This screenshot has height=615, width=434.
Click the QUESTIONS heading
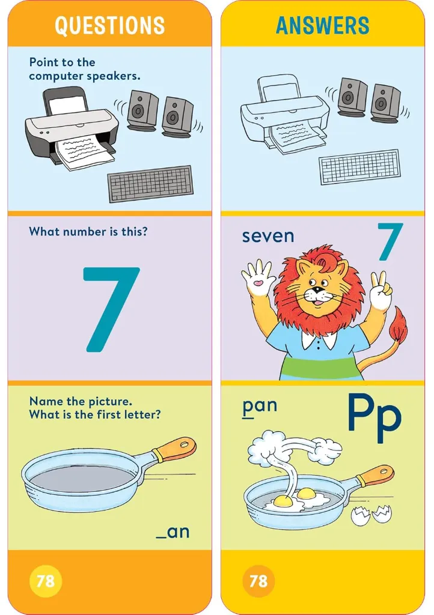pos(109,25)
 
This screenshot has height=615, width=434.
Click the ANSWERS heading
pos(323,25)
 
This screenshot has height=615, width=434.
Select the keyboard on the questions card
pos(150,184)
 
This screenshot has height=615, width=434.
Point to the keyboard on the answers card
pos(359,166)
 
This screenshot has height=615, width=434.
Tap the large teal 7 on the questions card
pos(111,309)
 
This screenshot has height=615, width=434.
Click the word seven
pos(268,236)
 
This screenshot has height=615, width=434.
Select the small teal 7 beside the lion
pos(390,241)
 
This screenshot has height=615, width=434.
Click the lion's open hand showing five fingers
pos(258,277)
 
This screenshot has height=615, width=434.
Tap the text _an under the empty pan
pos(173,532)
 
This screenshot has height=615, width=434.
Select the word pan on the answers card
pos(260,406)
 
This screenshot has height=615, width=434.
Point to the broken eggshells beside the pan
pos(371,514)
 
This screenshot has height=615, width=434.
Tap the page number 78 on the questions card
pos(45,581)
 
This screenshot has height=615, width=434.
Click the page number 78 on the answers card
pos(258,581)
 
